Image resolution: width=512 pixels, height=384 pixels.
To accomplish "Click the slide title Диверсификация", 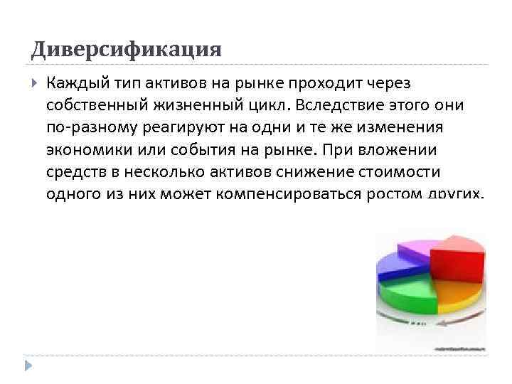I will click(x=127, y=49).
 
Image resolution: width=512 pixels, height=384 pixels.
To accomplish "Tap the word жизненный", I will click(x=193, y=105).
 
